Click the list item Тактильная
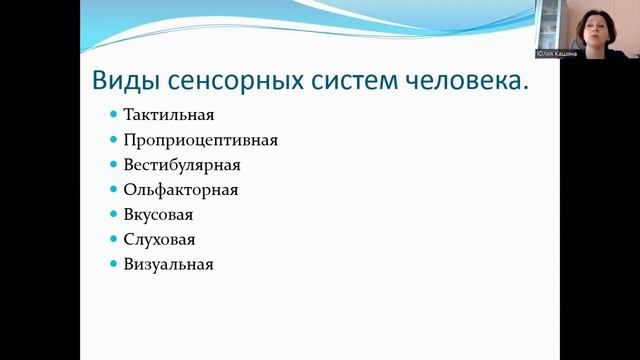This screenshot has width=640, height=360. click(169, 116)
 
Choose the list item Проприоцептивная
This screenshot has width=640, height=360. click(200, 141)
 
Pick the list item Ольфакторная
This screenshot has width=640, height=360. click(181, 190)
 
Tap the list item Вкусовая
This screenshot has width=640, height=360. click(158, 215)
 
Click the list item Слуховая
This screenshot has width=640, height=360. click(160, 240)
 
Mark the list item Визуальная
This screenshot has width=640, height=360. click(169, 265)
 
